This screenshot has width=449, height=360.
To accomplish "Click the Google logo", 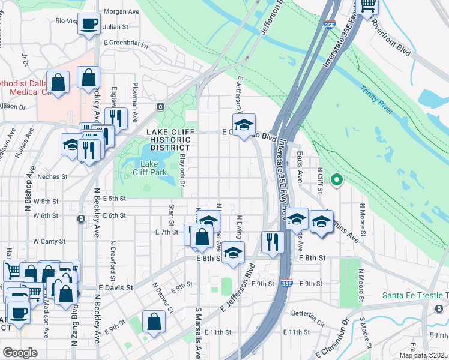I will click(x=20, y=353).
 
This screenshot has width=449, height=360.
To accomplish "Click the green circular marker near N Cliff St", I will click(x=337, y=179).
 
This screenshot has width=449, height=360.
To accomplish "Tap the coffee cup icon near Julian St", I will click(x=89, y=24).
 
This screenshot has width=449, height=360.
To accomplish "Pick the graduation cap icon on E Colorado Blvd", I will click(x=244, y=125).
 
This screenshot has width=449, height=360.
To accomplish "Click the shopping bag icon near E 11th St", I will click(x=154, y=321).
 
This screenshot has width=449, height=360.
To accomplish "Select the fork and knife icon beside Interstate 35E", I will click(x=273, y=242).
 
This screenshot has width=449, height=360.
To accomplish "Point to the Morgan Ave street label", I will click(x=121, y=11).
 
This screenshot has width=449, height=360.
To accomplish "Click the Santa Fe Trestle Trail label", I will click(x=415, y=295).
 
